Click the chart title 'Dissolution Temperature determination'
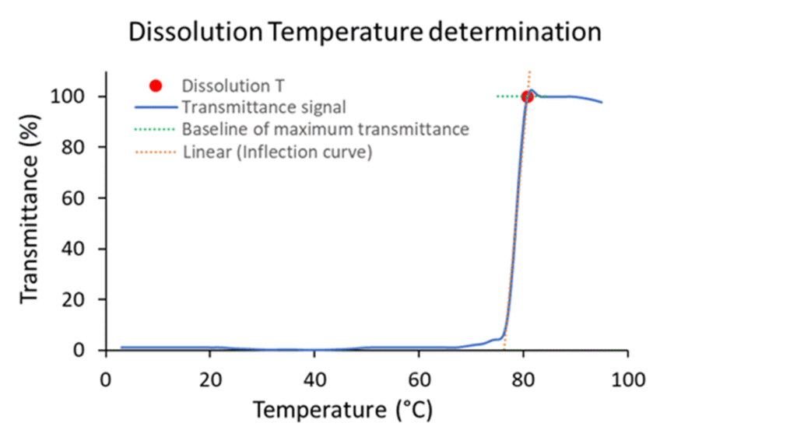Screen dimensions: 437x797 (x=365, y=32)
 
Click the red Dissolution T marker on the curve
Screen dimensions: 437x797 (x=527, y=96)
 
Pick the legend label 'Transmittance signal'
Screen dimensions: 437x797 (x=264, y=107)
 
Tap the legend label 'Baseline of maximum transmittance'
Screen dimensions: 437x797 (x=325, y=129)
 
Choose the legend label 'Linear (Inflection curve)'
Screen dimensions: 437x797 (x=278, y=151)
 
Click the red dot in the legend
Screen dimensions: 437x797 (x=156, y=86)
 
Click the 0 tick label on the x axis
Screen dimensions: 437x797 (x=106, y=380)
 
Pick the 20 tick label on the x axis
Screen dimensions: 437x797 (x=209, y=380)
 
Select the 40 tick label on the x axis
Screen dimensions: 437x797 (x=314, y=380)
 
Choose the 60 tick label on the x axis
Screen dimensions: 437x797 (x=419, y=380)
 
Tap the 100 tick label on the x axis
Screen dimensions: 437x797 (x=627, y=380)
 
